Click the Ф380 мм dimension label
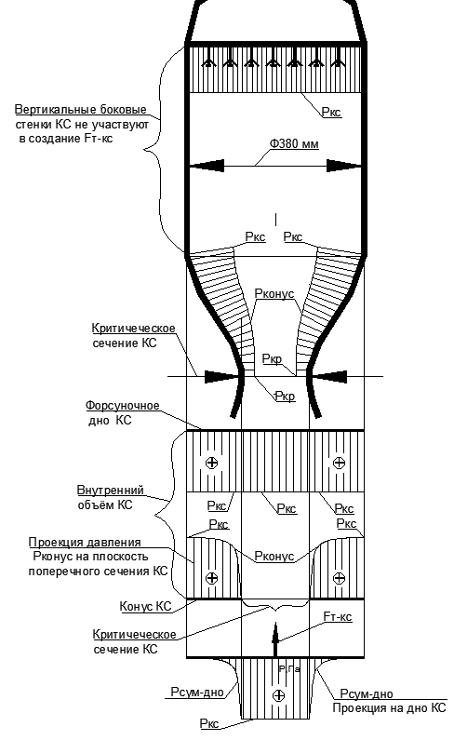[x=294, y=143]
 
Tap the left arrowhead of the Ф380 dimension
[x=207, y=166]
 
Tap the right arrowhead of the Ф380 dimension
[x=344, y=166]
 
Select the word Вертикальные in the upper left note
[x=50, y=110]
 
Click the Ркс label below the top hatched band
[x=331, y=113]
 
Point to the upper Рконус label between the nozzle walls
[x=274, y=293]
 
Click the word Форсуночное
[x=123, y=406]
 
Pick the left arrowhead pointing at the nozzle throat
[x=220, y=377]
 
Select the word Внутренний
[x=111, y=490]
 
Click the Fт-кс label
[x=338, y=617]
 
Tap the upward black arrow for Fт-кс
[x=276, y=639]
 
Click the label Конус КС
[x=145, y=606]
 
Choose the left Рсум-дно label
[x=197, y=693]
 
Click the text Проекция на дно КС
[x=390, y=708]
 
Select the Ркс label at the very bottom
[x=209, y=723]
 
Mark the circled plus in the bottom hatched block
[x=279, y=695]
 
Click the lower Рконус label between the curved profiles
[x=274, y=557]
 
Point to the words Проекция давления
[x=85, y=543]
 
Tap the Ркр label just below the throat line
[x=285, y=397]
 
